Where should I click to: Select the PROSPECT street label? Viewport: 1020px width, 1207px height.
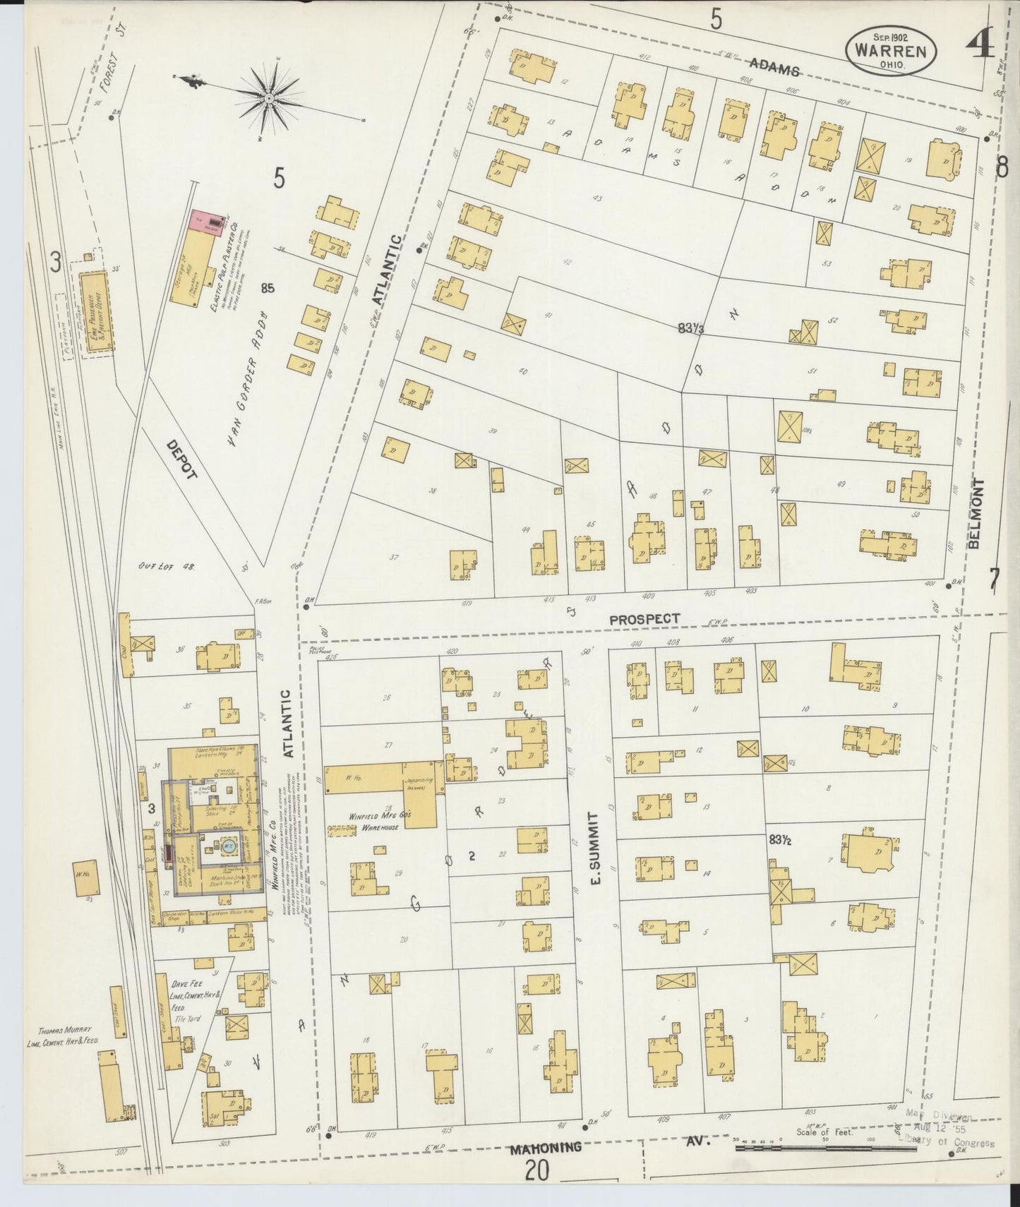[x=644, y=619]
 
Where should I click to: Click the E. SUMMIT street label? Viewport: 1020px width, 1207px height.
[x=594, y=849]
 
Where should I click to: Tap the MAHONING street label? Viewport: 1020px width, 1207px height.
[x=548, y=1147]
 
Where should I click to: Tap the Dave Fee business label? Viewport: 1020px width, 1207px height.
[x=186, y=983]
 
